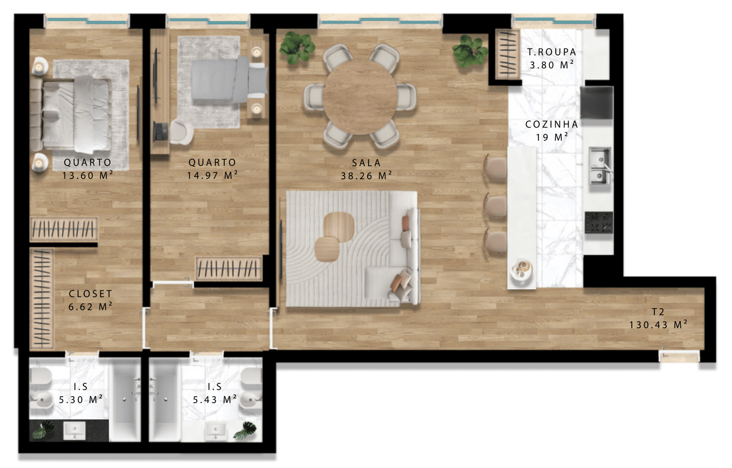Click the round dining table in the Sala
(x=361, y=97)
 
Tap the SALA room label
(x=367, y=162)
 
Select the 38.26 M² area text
(x=367, y=176)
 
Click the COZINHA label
(x=551, y=124)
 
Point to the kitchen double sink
(x=600, y=166)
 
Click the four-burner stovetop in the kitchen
(x=599, y=222)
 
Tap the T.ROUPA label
(x=551, y=52)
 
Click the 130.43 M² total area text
(x=659, y=324)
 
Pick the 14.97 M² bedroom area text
(x=212, y=175)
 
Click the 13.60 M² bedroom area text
(x=87, y=175)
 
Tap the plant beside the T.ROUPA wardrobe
(x=469, y=51)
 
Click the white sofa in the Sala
(x=404, y=249)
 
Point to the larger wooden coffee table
(x=339, y=227)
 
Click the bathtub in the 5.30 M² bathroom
(x=125, y=399)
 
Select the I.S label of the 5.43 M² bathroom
(x=215, y=387)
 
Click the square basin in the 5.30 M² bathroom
(x=74, y=430)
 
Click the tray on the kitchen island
(x=522, y=269)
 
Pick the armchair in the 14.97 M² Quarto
(x=181, y=132)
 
